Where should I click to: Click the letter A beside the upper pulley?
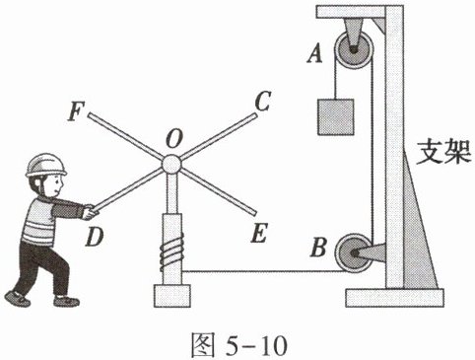pos(315,54)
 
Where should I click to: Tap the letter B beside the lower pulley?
pos(318,248)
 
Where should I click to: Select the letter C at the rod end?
pos(263,101)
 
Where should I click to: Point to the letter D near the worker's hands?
pos(95,238)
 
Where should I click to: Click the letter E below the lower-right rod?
pos(259,233)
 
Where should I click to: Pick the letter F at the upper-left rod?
pos(76,111)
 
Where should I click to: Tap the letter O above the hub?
pos(173,139)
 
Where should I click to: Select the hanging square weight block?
pos(336,117)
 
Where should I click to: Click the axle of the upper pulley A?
pos(354,50)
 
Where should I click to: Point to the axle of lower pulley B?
pos(355,253)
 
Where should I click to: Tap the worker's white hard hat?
pos(45,165)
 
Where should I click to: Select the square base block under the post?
pos(172,296)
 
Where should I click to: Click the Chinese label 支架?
pos(443,152)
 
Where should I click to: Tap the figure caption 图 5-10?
pos(239,344)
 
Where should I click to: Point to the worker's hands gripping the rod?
pos(90,212)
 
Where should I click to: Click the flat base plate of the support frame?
pos(394,298)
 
